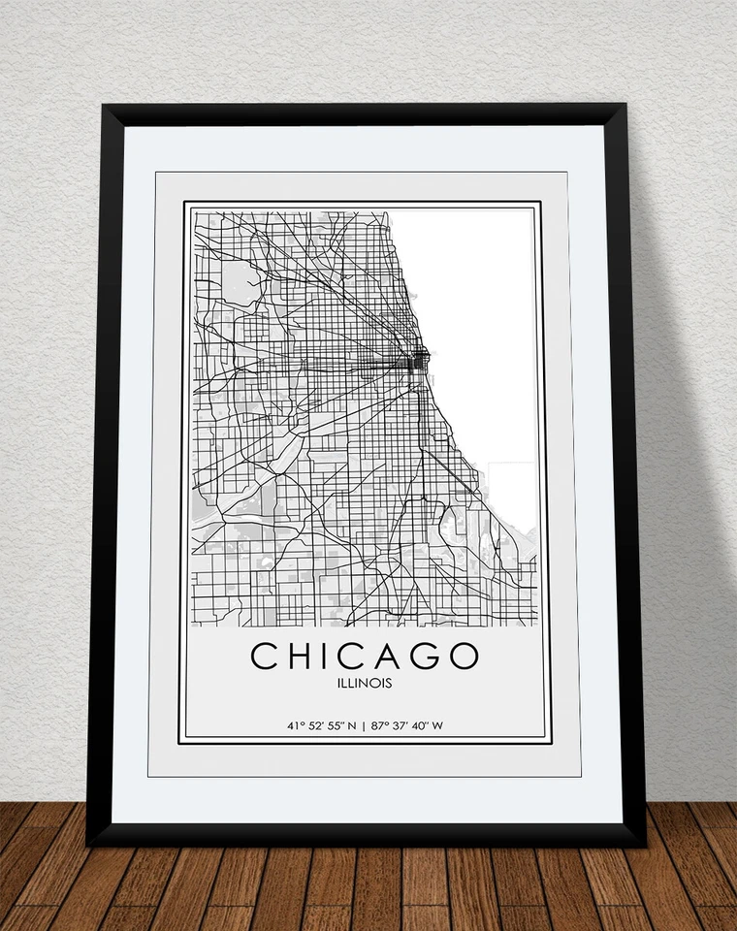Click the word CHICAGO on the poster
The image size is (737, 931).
coord(365,656)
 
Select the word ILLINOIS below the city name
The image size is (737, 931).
coord(365,684)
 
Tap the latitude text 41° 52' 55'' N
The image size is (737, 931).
coord(321,725)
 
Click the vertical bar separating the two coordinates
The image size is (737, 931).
coord(364,725)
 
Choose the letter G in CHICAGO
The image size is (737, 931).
coord(421,656)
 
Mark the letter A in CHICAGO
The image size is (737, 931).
coord(385,656)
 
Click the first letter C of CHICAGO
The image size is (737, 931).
coord(265,656)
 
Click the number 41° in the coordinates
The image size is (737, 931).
coord(293,725)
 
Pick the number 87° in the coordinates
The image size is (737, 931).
coord(378,725)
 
